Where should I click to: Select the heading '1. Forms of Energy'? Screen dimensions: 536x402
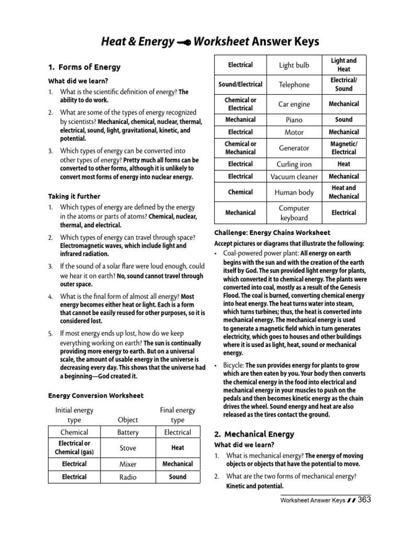[x=84, y=67]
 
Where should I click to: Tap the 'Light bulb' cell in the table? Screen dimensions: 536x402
[x=294, y=65]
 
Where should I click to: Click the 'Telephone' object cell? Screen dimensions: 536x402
[x=294, y=84]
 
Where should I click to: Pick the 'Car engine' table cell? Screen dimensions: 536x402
[x=294, y=104]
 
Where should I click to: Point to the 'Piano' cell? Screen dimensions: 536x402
[x=294, y=119]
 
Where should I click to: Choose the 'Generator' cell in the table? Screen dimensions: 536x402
[x=294, y=148]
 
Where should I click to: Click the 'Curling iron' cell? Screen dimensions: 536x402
[x=294, y=164]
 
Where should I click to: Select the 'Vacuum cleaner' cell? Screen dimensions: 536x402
[x=294, y=177]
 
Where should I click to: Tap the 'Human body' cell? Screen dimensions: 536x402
[x=294, y=192]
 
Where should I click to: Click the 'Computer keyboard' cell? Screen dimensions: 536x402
[x=294, y=213]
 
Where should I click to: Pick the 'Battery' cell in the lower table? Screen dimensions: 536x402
[x=128, y=432]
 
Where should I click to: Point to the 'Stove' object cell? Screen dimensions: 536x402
[x=128, y=448]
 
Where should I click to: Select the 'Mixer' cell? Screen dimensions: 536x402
[x=128, y=464]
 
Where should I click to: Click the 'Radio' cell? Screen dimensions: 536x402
[x=128, y=477]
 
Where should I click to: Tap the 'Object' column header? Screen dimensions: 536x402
[x=128, y=420]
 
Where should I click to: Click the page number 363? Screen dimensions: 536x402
[x=364, y=500]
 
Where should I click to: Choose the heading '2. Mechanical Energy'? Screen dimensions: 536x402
[x=254, y=434]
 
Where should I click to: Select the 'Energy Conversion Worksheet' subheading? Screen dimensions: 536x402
[x=96, y=395]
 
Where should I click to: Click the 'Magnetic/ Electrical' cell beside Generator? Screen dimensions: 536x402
[x=343, y=148]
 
